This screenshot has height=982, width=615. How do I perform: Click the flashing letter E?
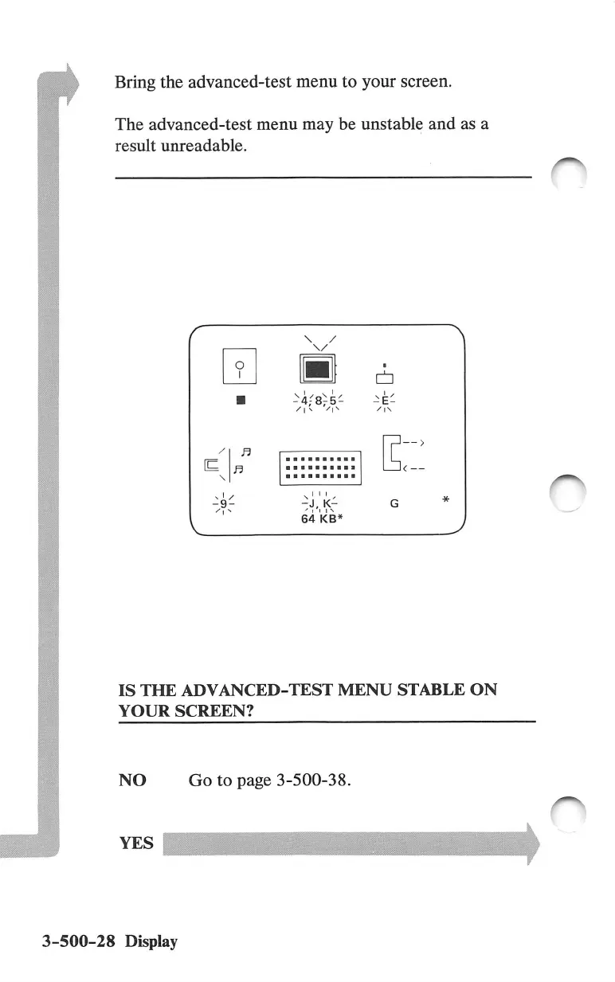coord(386,401)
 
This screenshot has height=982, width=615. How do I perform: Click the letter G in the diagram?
coord(393,504)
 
